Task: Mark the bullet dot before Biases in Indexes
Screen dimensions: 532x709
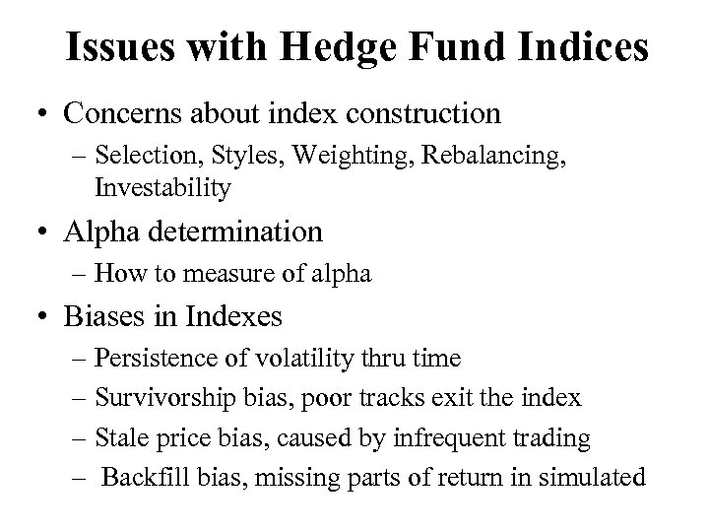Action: [x=42, y=317]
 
